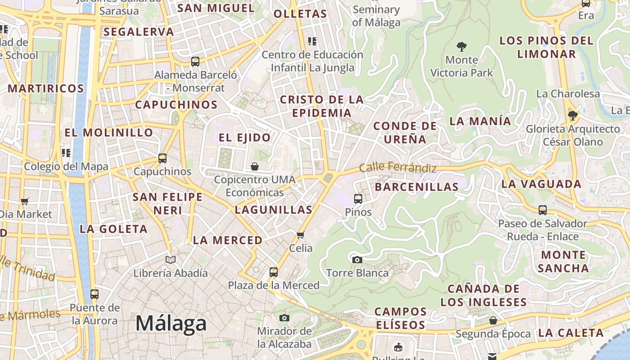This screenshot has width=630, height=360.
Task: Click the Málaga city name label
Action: (171, 324)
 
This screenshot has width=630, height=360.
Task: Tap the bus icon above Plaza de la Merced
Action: (274, 272)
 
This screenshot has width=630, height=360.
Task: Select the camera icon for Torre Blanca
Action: (357, 260)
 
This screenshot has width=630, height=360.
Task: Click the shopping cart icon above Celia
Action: (301, 234)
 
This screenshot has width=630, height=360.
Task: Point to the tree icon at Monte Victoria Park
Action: (461, 46)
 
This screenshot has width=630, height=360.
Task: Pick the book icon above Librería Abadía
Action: (171, 260)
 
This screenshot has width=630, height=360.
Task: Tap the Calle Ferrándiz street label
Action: (398, 167)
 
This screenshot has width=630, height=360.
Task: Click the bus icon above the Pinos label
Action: (358, 198)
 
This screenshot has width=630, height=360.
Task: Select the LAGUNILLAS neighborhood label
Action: (274, 210)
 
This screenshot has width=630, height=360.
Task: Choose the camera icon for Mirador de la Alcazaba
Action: (284, 318)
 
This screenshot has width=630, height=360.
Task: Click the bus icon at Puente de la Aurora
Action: (94, 294)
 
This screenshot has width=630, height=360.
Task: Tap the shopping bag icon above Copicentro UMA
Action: (255, 166)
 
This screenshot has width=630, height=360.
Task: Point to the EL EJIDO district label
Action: (245, 138)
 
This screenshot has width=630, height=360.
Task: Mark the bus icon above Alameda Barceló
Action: (195, 62)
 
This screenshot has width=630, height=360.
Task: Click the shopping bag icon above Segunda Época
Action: (493, 320)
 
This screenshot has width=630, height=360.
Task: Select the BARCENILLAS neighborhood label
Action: (416, 187)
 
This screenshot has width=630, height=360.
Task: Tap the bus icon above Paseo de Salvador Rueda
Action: (543, 210)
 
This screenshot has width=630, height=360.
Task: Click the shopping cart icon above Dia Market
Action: (25, 201)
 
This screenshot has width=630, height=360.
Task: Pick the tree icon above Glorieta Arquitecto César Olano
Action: (573, 116)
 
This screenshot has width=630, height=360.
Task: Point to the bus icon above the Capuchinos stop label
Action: (162, 158)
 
